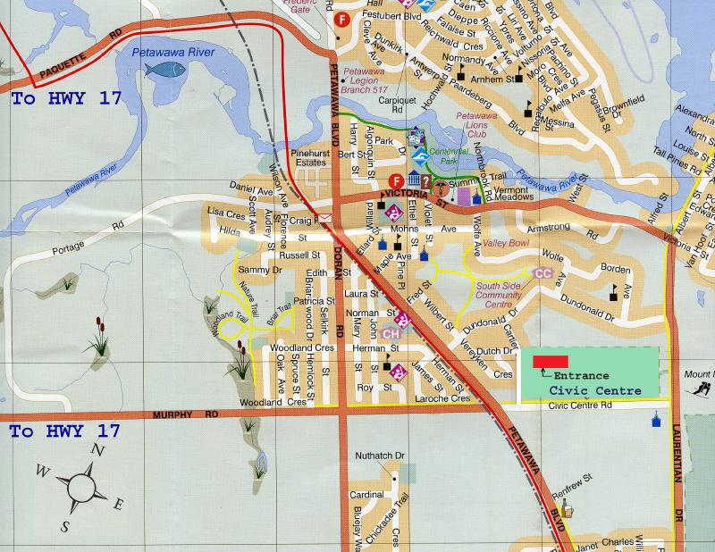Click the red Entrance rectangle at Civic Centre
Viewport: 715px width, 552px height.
coord(551,360)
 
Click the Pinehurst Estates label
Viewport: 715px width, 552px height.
coord(303,158)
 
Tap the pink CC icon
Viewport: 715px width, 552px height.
coord(541,272)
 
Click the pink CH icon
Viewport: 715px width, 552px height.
coord(390,333)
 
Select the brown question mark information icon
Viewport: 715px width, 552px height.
coord(427,181)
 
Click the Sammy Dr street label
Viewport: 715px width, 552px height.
coord(254,270)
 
